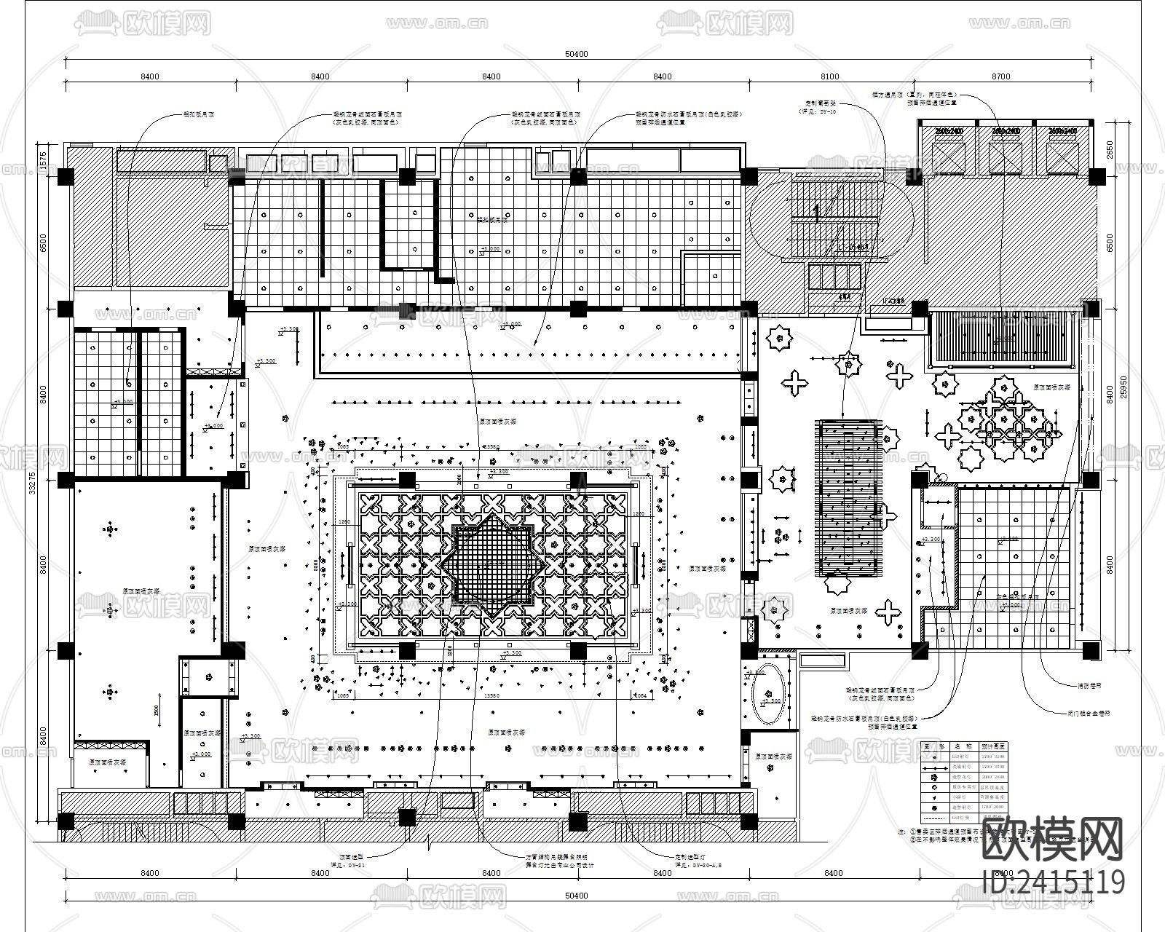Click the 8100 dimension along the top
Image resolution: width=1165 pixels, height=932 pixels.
pyautogui.click(x=829, y=76)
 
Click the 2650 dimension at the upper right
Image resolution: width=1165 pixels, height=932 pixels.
pyautogui.click(x=1110, y=149)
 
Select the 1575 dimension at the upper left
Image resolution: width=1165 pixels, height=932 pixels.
pyautogui.click(x=43, y=158)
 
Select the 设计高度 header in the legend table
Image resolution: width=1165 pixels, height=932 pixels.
pyautogui.click(x=993, y=746)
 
